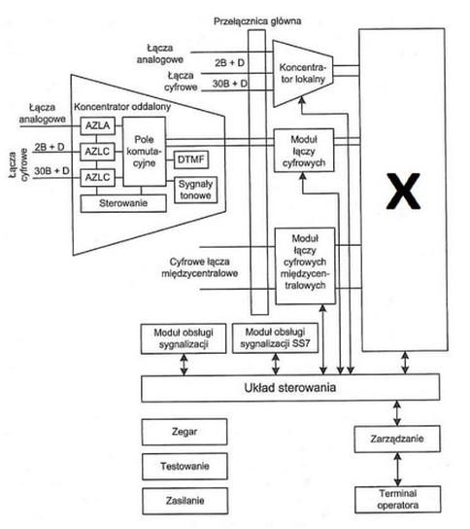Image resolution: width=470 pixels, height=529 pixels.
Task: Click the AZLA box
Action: pyautogui.click(x=98, y=125)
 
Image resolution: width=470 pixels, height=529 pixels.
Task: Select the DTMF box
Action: pyautogui.click(x=191, y=159)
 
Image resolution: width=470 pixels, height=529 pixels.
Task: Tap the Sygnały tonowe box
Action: pyautogui.click(x=195, y=190)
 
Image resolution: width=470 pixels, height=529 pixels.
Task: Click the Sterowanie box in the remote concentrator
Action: pyautogui.click(x=123, y=203)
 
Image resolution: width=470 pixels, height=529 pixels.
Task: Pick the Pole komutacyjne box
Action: pyautogui.click(x=144, y=152)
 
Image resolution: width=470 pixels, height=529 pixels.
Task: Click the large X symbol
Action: pyautogui.click(x=403, y=191)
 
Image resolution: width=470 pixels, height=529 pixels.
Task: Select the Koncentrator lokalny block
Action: pyautogui.click(x=303, y=74)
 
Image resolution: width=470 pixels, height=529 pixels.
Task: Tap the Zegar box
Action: pyautogui.click(x=185, y=432)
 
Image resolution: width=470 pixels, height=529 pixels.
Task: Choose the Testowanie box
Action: pyautogui.click(x=185, y=466)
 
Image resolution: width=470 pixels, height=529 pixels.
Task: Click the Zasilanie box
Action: pyautogui.click(x=185, y=501)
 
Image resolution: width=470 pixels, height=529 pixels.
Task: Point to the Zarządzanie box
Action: pyautogui.click(x=397, y=439)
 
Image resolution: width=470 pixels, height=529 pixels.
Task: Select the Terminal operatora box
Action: pyautogui.click(x=397, y=500)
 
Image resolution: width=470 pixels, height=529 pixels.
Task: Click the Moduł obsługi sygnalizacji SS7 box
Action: pyautogui.click(x=275, y=338)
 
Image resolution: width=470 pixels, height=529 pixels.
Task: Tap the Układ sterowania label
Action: pyautogui.click(x=290, y=388)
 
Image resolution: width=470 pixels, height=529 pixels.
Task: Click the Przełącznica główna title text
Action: pyautogui.click(x=257, y=21)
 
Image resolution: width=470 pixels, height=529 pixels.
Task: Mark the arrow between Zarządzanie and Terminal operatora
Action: pyautogui.click(x=397, y=469)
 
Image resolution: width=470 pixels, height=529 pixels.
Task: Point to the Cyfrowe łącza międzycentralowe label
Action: pyautogui.click(x=200, y=267)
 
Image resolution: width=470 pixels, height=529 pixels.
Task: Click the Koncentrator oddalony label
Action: pyautogui.click(x=122, y=107)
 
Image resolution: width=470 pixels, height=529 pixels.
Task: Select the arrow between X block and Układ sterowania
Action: pyautogui.click(x=405, y=363)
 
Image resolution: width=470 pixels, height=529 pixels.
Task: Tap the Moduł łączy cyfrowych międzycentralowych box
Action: pyautogui.click(x=305, y=265)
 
